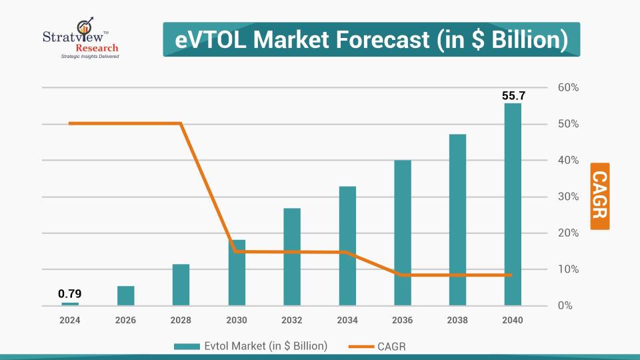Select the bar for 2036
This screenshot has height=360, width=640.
pyautogui.click(x=402, y=233)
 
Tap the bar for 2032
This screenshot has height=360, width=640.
pyautogui.click(x=291, y=257)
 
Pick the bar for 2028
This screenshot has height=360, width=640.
pyautogui.click(x=181, y=285)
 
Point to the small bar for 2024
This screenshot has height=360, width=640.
pyautogui.click(x=70, y=304)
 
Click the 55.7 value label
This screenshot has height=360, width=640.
pyautogui.click(x=513, y=96)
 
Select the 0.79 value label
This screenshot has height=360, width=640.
pyautogui.click(x=70, y=293)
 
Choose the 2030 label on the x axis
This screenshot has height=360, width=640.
pyautogui.click(x=236, y=320)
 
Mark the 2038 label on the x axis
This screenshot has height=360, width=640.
pyautogui.click(x=457, y=320)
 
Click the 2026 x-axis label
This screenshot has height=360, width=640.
pyautogui.click(x=125, y=320)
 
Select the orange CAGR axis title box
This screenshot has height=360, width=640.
pyautogui.click(x=600, y=196)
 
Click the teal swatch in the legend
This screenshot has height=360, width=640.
pyautogui.click(x=187, y=346)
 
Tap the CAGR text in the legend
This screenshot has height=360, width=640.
pyautogui.click(x=392, y=346)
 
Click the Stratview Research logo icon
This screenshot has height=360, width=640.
pyautogui.click(x=85, y=28)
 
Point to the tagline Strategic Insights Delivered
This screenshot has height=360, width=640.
pyautogui.click(x=81, y=57)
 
